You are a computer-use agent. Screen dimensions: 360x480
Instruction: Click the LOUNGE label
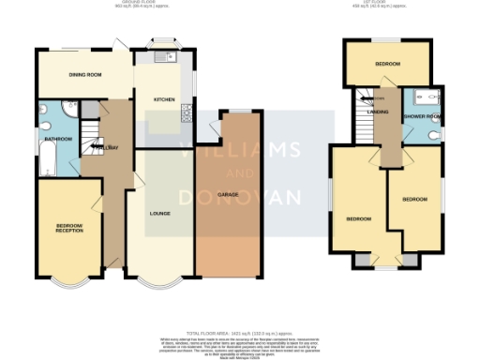(x=158, y=214)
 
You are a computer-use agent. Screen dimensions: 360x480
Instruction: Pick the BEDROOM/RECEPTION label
(x=69, y=228)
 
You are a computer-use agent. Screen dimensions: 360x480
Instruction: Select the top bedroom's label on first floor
(x=388, y=65)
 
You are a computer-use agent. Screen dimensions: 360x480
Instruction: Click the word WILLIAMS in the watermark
(x=240, y=151)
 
